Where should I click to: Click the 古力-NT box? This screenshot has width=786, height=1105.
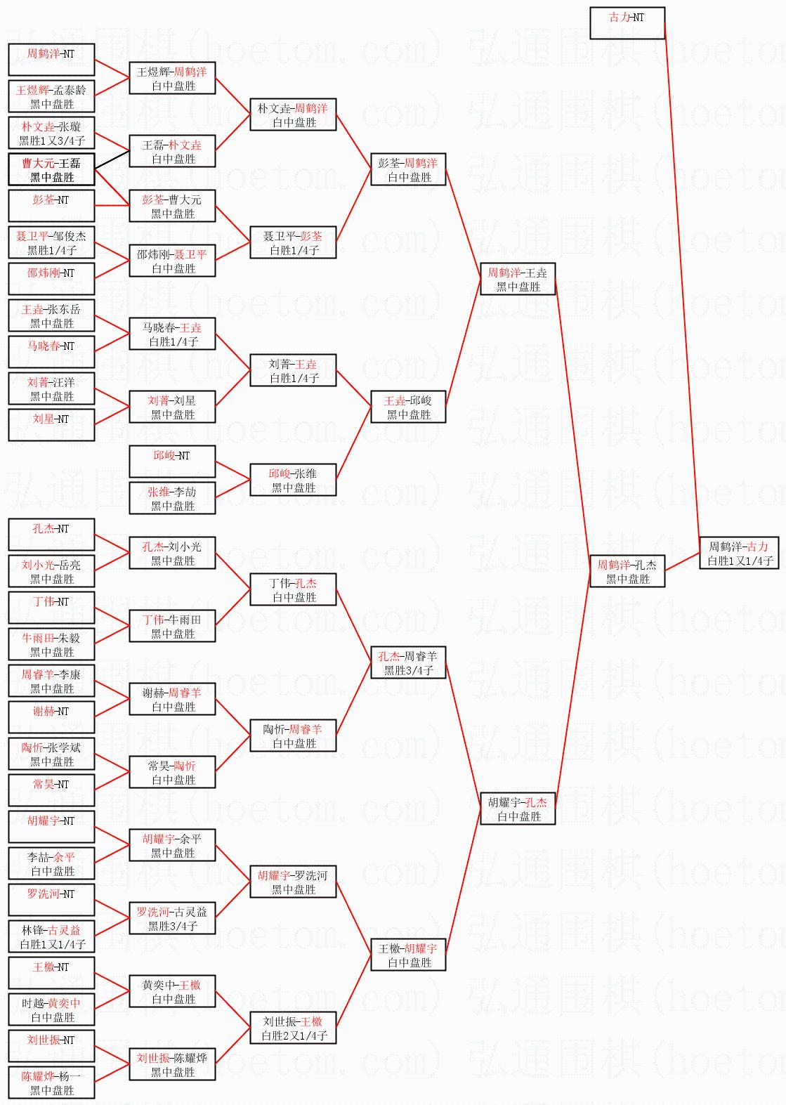pos(627,22)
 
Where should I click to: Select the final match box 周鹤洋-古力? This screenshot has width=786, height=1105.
pos(739,553)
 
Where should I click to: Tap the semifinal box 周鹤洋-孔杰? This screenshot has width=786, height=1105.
pos(627,571)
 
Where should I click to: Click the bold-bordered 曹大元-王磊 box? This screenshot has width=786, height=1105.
pos(51,170)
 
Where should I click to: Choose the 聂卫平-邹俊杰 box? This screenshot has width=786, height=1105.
pos(51,242)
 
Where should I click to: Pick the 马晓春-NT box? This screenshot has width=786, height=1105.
pos(51,352)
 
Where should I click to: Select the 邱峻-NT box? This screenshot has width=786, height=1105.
pos(172,462)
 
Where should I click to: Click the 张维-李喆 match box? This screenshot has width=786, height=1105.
pos(172,498)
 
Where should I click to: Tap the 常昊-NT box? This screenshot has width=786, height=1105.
pos(51,790)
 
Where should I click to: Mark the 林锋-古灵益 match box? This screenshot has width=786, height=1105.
pos(51,936)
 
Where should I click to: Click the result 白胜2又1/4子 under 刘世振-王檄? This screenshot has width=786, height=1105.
pos(294,1035)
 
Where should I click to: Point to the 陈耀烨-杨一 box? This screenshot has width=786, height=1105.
pos(51,1083)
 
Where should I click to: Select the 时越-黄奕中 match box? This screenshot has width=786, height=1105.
pos(51,1009)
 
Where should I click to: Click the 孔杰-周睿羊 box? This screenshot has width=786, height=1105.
pos(408,662)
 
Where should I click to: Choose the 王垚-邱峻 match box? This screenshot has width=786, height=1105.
pos(408,407)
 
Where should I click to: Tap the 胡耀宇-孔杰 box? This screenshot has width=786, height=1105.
pos(518,809)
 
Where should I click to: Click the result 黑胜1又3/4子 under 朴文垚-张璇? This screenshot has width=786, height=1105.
pos(52,140)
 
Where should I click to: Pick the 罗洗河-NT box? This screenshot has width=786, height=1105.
pos(51,900)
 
